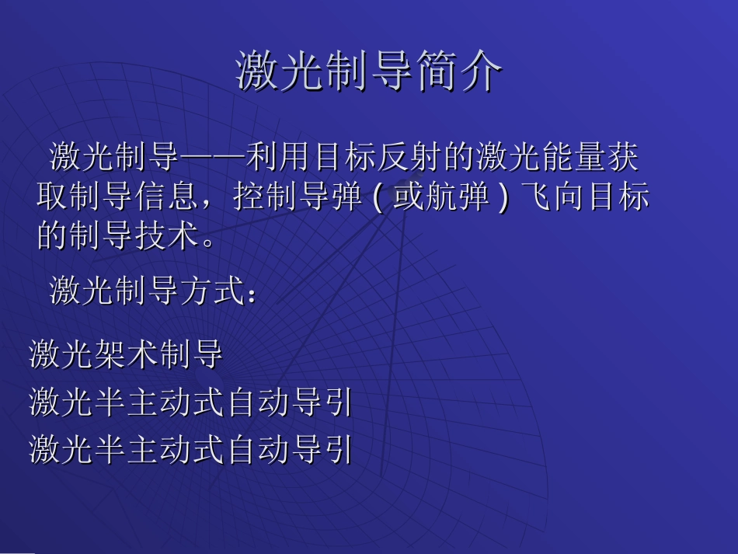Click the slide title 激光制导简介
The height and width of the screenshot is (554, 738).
369,73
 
